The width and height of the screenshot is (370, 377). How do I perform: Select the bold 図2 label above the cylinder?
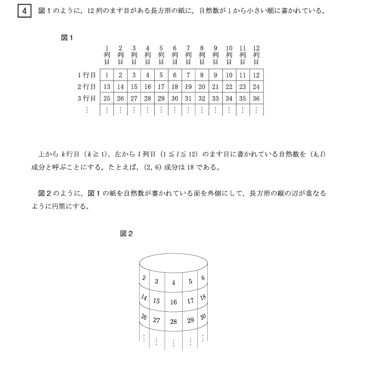click(x=126, y=233)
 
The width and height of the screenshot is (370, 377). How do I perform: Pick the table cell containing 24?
click(x=256, y=87)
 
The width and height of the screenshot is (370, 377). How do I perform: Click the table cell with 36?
click(x=256, y=98)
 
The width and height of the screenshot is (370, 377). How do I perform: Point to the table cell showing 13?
click(x=107, y=87)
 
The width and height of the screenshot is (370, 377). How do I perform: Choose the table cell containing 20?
click(x=202, y=87)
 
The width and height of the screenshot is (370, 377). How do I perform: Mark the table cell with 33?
click(x=216, y=98)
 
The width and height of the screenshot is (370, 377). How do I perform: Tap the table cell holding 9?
click(x=216, y=75)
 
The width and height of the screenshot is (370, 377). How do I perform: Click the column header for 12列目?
click(x=256, y=55)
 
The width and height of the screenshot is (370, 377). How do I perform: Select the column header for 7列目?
click(x=188, y=55)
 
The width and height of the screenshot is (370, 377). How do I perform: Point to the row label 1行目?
click(x=87, y=75)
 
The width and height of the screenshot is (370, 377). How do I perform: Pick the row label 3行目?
click(x=87, y=98)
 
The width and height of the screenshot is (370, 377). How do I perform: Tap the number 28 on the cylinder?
click(x=173, y=322)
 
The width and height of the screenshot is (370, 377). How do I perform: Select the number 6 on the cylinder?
click(x=203, y=277)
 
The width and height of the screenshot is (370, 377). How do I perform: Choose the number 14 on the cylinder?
click(x=144, y=297)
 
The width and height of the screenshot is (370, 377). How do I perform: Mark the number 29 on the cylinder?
click(x=191, y=320)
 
